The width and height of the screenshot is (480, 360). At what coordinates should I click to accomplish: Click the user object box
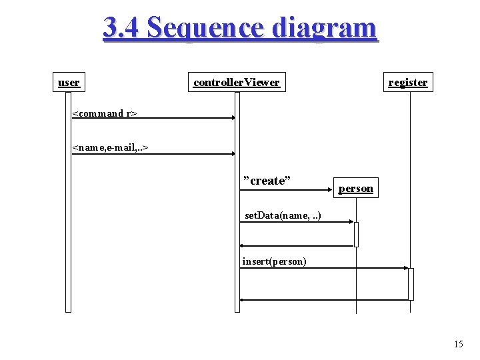(x=69, y=82)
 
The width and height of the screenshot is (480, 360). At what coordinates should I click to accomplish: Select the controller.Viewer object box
(x=236, y=82)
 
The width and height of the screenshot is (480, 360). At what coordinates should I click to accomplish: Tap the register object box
(x=407, y=82)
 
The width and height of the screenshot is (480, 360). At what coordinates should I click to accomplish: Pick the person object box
(x=355, y=188)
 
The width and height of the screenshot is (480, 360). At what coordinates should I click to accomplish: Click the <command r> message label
(x=104, y=113)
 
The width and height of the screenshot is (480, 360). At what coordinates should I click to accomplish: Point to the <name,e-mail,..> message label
(x=110, y=147)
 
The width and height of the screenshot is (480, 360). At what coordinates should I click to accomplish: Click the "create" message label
(x=267, y=180)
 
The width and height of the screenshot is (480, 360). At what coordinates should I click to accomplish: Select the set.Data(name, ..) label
(x=283, y=215)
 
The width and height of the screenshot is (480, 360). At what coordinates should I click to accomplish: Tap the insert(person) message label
(x=274, y=261)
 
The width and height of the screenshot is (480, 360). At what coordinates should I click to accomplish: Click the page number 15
(x=458, y=344)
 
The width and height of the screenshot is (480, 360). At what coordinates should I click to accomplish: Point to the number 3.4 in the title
(x=121, y=28)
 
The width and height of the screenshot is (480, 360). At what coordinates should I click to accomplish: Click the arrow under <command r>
(x=153, y=118)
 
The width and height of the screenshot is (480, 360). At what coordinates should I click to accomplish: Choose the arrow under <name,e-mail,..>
(x=153, y=153)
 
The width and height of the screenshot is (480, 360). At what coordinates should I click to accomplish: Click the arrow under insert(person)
(x=324, y=268)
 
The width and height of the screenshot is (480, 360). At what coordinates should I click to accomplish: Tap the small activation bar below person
(x=356, y=234)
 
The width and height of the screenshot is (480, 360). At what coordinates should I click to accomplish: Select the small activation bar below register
(x=411, y=284)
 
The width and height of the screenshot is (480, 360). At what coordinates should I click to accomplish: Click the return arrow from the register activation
(x=324, y=300)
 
